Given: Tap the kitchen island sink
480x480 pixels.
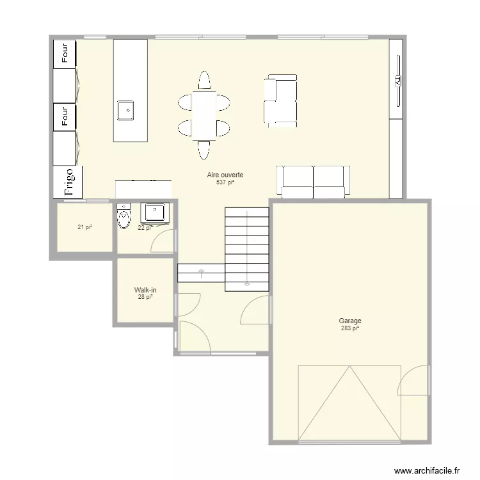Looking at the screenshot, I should pyautogui.click(x=125, y=110).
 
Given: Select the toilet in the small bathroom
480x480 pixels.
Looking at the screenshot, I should pyautogui.click(x=124, y=217).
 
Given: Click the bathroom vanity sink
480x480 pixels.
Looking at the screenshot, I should pyautogui.click(x=154, y=212).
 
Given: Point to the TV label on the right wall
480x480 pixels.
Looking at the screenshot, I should pyautogui.click(x=397, y=81).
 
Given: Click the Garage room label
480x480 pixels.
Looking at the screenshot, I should pyautogui.click(x=350, y=321).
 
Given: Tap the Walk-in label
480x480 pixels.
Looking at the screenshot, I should pyautogui.click(x=145, y=290).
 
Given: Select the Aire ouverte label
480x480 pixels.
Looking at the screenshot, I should pyautogui.click(x=225, y=175).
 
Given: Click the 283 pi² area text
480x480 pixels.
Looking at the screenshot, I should pyautogui.click(x=350, y=328).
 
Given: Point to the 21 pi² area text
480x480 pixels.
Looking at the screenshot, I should pyautogui.click(x=84, y=227).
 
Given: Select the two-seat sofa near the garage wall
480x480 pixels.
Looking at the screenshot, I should pyautogui.click(x=314, y=180).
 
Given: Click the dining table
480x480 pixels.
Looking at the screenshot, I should pyautogui.click(x=204, y=115).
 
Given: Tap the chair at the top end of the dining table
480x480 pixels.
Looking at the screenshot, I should pyautogui.click(x=204, y=81).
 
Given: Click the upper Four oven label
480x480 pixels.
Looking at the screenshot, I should pyautogui.click(x=65, y=53).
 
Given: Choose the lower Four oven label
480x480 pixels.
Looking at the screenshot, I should pyautogui.click(x=65, y=116).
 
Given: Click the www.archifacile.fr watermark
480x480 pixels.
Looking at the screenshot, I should pyautogui.click(x=427, y=470).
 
